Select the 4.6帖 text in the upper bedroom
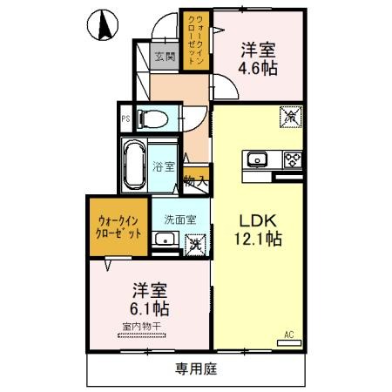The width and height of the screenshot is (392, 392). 259,67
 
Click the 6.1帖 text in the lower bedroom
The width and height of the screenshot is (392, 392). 150,308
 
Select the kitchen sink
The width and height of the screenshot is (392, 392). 257,159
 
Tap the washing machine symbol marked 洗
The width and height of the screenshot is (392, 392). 197,244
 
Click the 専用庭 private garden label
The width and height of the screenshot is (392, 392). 196,368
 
